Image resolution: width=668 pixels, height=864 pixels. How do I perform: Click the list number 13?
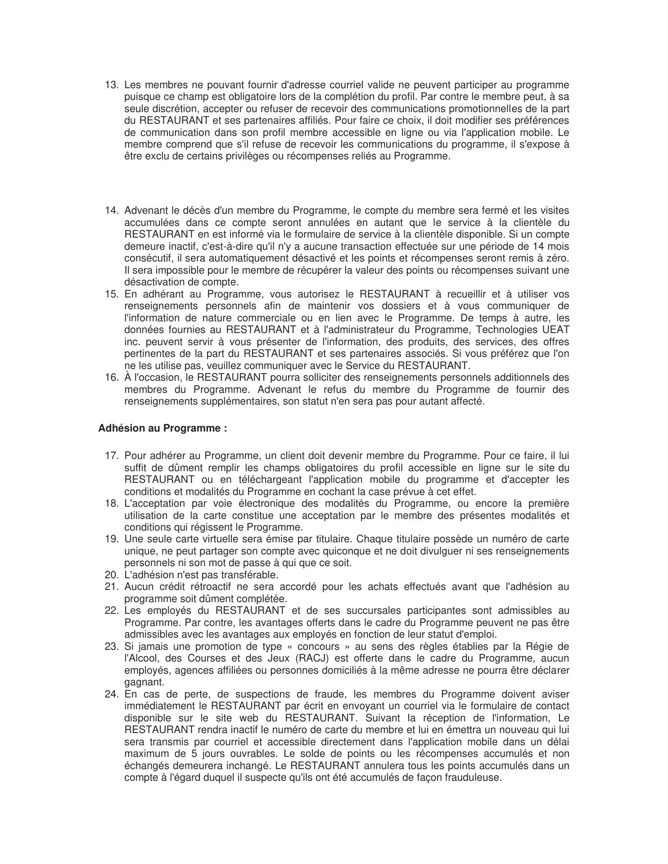111,85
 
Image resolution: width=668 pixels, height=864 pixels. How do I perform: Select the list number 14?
111,211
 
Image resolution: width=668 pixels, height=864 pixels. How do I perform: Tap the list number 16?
111,378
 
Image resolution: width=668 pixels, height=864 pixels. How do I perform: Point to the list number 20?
111,575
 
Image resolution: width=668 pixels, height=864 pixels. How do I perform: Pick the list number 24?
111,694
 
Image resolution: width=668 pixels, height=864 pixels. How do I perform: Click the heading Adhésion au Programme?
162,428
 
